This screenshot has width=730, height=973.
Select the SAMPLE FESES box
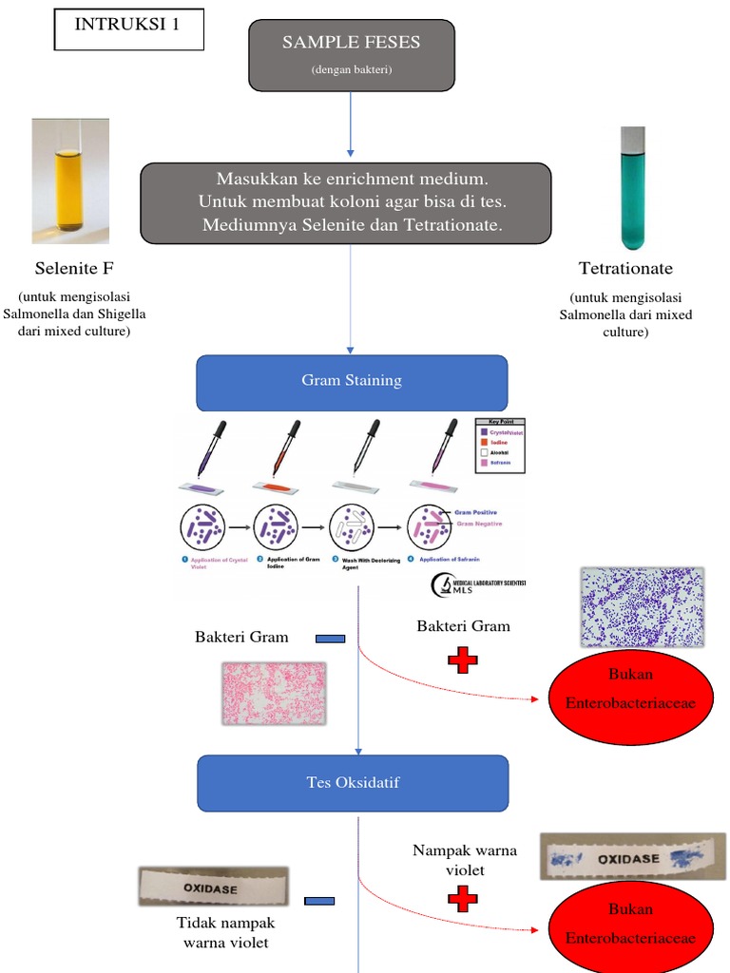pos(351,55)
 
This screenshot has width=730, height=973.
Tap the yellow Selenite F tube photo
pos(70,181)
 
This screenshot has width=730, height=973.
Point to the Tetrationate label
pos(625,269)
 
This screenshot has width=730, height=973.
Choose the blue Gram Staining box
pos(352,382)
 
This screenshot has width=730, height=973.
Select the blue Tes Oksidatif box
pos(352,783)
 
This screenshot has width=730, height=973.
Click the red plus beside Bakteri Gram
pos(463,660)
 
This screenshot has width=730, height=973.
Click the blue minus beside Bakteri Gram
pos(330,639)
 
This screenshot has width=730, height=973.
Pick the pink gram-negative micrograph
pos(274,694)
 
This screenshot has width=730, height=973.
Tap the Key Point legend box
pos(499,445)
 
